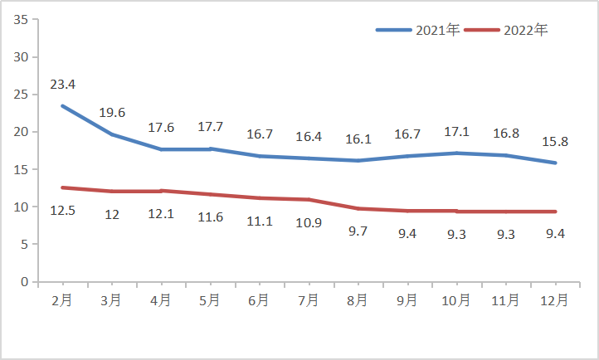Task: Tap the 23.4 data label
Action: click(63, 85)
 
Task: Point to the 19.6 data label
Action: click(112, 113)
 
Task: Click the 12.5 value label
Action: click(63, 212)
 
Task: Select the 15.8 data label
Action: click(555, 141)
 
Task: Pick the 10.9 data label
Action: click(309, 223)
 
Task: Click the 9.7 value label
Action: click(358, 231)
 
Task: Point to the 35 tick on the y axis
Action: click(22, 20)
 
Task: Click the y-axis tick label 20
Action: click(22, 132)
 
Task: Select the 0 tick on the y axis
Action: click(25, 282)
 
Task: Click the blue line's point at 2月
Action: click(63, 106)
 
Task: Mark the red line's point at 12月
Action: click(555, 212)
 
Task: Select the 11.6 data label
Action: click(211, 217)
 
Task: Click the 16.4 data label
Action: click(309, 136)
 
